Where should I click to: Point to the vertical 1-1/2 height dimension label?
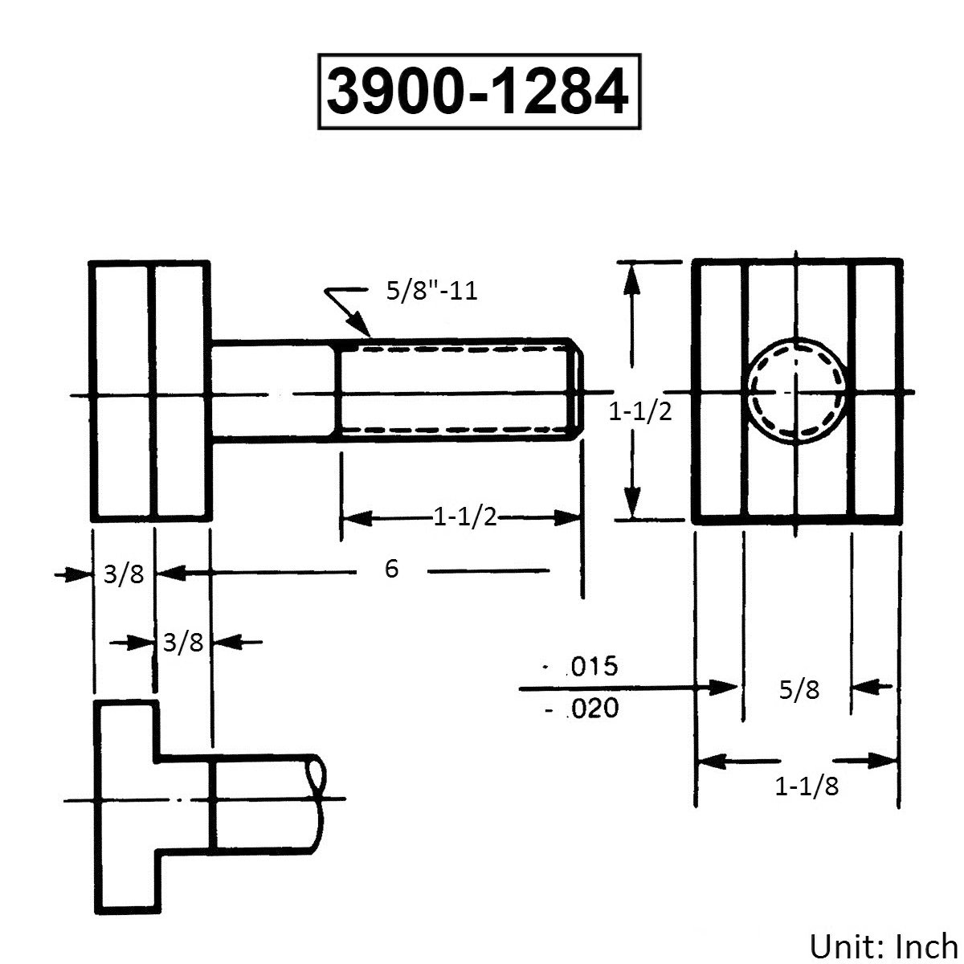click(x=639, y=412)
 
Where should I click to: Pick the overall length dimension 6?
click(x=391, y=570)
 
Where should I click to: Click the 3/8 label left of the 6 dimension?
click(x=124, y=574)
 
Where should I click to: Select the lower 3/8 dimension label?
click(x=183, y=643)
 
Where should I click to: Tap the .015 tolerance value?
click(x=590, y=666)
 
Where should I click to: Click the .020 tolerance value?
click(x=590, y=709)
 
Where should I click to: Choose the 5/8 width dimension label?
click(x=799, y=688)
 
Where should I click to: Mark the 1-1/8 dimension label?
click(x=807, y=786)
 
